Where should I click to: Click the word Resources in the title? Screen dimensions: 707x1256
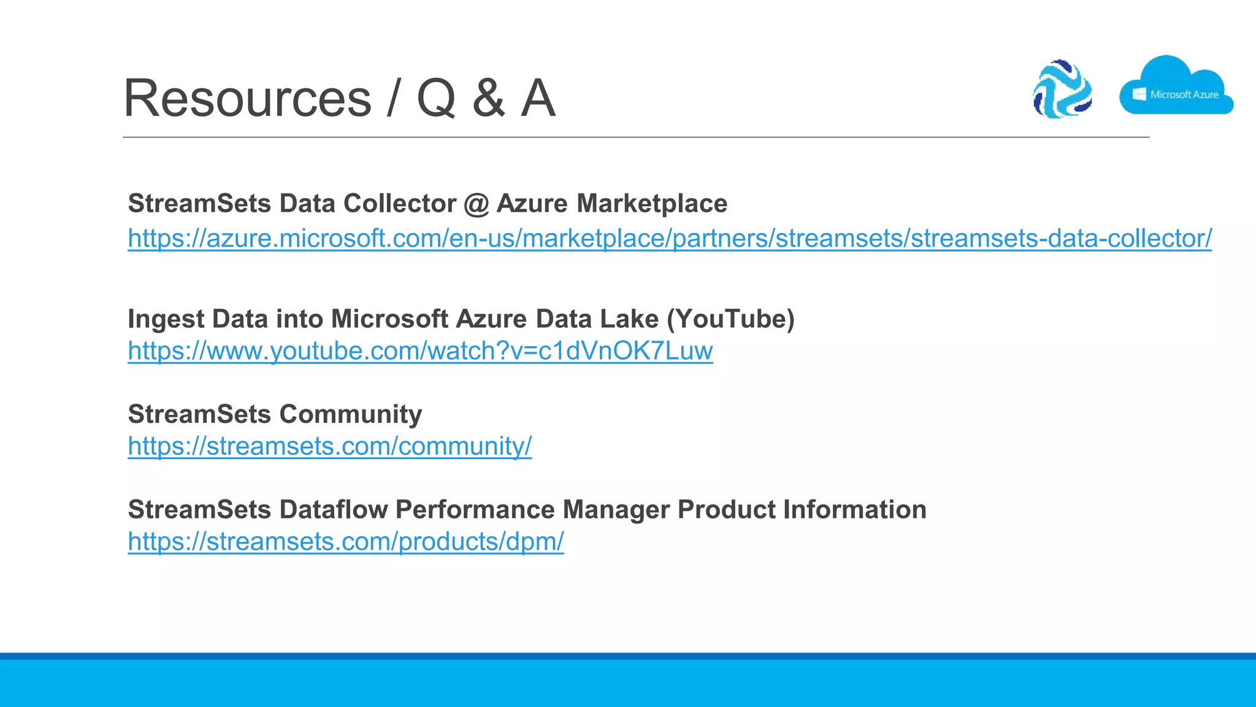click(x=247, y=98)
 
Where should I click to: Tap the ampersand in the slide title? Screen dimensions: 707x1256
click(x=489, y=98)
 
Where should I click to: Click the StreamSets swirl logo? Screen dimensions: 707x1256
click(x=1062, y=89)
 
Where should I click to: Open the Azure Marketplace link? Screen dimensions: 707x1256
click(x=669, y=238)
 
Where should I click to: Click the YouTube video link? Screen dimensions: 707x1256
click(x=420, y=351)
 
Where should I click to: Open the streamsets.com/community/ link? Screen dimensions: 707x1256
click(x=329, y=446)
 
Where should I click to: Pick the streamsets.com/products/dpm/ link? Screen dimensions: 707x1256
click(x=345, y=541)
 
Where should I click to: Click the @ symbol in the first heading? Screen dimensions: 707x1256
click(x=477, y=204)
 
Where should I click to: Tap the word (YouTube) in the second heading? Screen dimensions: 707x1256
click(x=730, y=319)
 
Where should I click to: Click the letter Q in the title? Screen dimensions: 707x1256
click(x=436, y=98)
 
